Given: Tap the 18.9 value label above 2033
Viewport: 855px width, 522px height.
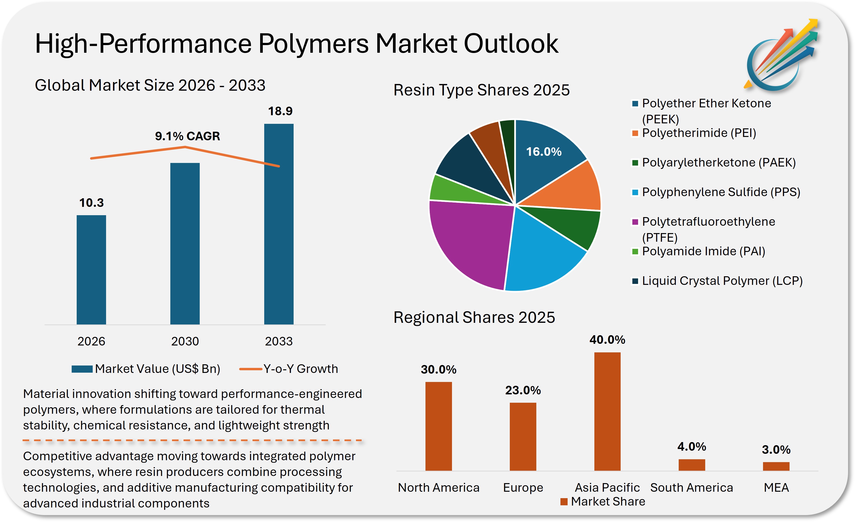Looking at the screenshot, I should pyautogui.click(x=280, y=111).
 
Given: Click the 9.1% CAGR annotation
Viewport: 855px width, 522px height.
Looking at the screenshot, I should pyautogui.click(x=187, y=136).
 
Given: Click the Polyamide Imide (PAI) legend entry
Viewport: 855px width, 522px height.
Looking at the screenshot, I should pyautogui.click(x=703, y=251).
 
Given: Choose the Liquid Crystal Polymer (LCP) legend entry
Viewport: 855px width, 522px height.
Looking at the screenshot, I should pyautogui.click(x=722, y=281).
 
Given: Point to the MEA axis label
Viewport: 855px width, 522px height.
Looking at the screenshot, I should pyautogui.click(x=776, y=488).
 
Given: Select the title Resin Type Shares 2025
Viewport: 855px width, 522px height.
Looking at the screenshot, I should pyautogui.click(x=481, y=90).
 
